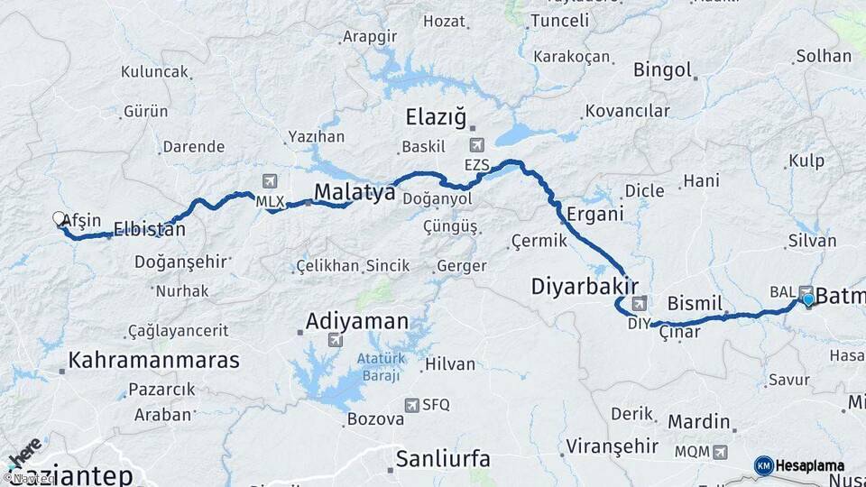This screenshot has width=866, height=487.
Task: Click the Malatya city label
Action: click(355, 191)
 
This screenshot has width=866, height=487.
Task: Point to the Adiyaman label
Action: click(356, 321)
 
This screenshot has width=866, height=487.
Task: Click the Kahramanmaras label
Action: click(154, 361)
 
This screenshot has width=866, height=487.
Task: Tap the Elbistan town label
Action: click(150, 230)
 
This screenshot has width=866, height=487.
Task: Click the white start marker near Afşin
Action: click(60, 219)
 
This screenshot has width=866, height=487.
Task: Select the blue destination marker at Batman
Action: click(808, 300)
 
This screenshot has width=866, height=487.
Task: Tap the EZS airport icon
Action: click(476, 145)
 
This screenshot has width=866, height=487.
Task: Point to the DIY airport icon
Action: click(640, 303)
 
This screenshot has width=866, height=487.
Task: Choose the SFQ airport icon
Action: click(412, 405)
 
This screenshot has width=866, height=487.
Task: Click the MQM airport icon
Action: click(719, 451)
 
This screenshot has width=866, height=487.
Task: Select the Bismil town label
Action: click(696, 301)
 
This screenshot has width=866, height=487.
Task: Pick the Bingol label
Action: click(662, 69)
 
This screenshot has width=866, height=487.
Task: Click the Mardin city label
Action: click(698, 421)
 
